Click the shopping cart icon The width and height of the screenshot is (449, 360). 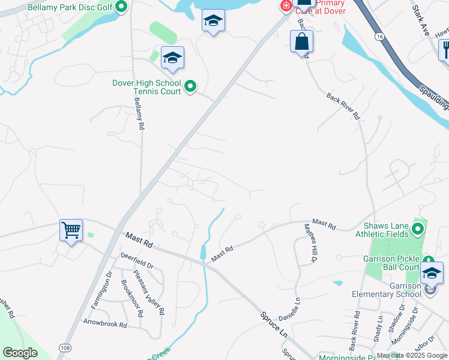(71, 230)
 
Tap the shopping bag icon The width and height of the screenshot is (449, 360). (302, 42)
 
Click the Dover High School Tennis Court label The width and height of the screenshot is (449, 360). (146, 87)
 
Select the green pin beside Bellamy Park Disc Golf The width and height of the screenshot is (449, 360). (121, 7)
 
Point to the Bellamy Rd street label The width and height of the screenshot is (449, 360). (139, 114)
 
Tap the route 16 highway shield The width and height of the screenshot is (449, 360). (379, 37)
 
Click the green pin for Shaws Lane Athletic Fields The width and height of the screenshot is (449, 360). (418, 229)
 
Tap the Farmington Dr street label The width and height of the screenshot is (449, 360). (101, 290)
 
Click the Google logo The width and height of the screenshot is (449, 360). (20, 353)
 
